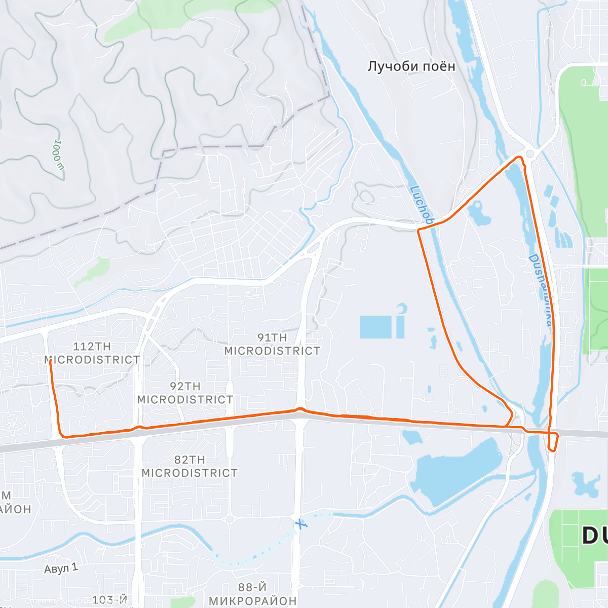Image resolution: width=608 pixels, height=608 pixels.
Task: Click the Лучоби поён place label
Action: pos(411,66)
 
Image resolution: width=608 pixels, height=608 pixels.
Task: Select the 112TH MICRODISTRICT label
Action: pos(92,353)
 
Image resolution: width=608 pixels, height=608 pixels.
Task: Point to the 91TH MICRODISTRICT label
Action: pos(272,344)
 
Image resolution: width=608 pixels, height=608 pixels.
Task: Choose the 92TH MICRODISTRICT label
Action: pos(185,393)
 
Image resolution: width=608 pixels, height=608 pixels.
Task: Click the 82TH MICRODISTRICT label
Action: pos(189,466)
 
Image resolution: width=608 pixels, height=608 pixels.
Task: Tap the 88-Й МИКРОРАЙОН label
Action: pos(252,594)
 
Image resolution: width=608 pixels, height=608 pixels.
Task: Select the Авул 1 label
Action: pos(61,568)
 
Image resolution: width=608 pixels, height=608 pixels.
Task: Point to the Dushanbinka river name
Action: pos(541,289)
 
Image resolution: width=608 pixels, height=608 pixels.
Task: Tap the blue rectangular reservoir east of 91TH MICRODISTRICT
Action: pos(375,327)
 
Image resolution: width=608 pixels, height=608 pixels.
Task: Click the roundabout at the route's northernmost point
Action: pos(530,154)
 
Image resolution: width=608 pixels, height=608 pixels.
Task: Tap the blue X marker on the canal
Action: pos(301,523)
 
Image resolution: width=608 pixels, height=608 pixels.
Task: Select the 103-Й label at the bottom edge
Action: pos(109,600)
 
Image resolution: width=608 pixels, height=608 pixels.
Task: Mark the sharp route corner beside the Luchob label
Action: pos(419,231)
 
